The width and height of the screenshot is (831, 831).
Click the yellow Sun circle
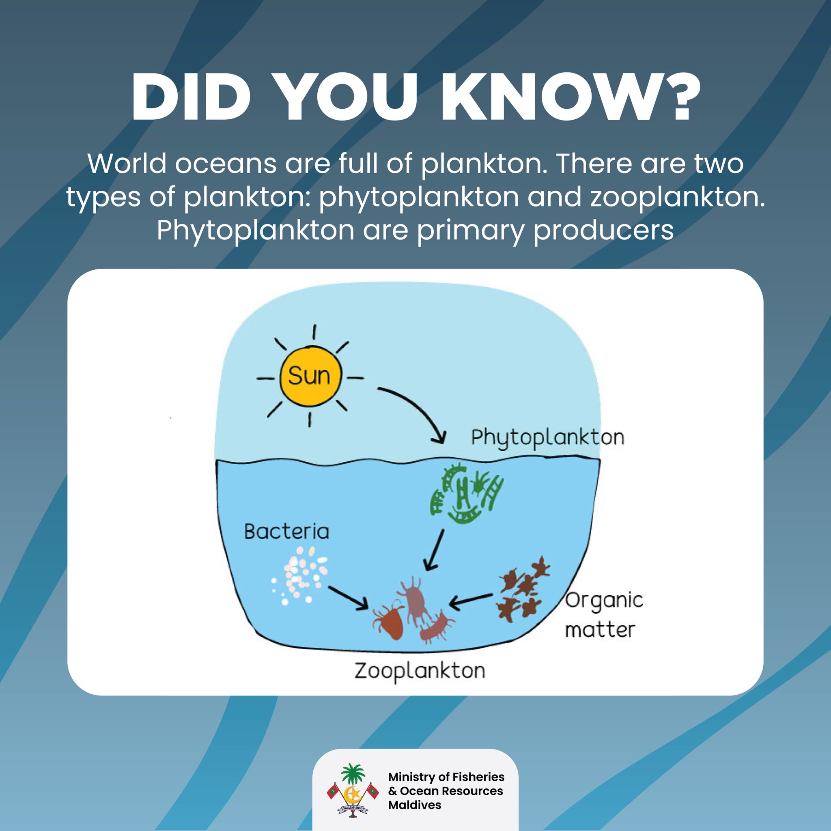[310, 376]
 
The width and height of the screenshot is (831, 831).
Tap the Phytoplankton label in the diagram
[547, 438]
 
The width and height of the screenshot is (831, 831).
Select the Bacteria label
[286, 532]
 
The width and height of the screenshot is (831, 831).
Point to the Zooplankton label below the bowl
[420, 671]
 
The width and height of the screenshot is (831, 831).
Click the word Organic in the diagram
[604, 601]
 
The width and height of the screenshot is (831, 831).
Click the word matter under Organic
[600, 630]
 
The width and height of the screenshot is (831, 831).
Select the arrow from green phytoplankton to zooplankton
[434, 550]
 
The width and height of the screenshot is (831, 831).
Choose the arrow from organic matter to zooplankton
[471, 600]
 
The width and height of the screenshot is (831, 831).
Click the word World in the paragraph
[127, 164]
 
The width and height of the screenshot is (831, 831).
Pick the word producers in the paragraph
[603, 230]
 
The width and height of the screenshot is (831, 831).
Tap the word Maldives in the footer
[414, 805]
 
